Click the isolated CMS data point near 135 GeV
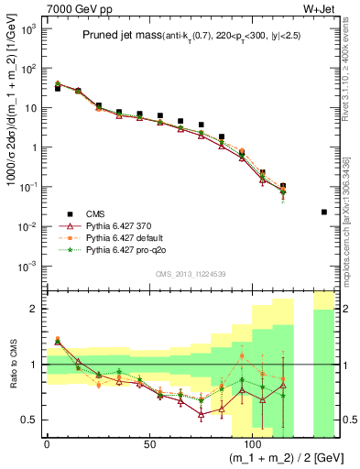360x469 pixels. click(x=324, y=212)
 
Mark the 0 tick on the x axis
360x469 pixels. click(x=47, y=442)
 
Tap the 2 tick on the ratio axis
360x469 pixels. click(x=36, y=309)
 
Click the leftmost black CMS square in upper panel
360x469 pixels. click(x=57, y=88)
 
